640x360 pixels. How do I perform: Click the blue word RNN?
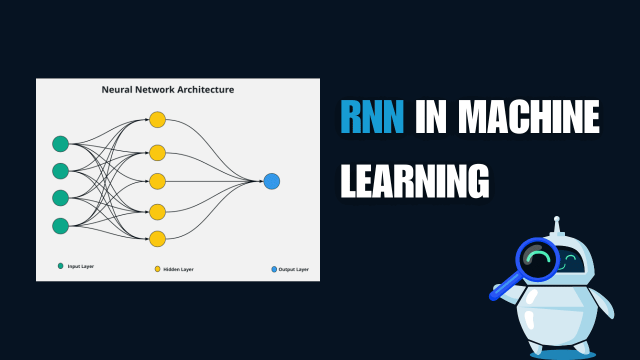[x=372, y=117]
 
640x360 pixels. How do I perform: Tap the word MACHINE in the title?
[x=528, y=117]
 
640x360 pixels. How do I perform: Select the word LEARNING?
[x=414, y=181]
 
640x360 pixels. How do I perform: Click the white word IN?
[x=430, y=117]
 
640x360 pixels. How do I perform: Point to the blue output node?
[x=271, y=181]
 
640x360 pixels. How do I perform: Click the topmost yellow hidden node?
[x=157, y=120]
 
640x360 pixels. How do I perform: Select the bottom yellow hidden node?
[x=157, y=239]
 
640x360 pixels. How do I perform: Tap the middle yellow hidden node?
[x=157, y=181]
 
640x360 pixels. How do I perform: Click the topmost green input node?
[x=60, y=144]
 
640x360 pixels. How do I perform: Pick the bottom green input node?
[x=60, y=226]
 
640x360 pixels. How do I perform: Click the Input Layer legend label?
[x=80, y=266]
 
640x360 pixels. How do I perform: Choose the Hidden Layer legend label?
[x=178, y=269]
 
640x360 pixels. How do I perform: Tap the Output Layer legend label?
[x=293, y=269]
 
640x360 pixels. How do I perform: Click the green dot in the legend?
[x=60, y=266]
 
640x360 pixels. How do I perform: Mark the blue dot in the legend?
[x=274, y=269]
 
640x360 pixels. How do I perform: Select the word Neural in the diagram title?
[x=114, y=90]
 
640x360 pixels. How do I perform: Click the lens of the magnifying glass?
[x=538, y=259]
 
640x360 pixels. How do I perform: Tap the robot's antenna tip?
[x=556, y=219]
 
